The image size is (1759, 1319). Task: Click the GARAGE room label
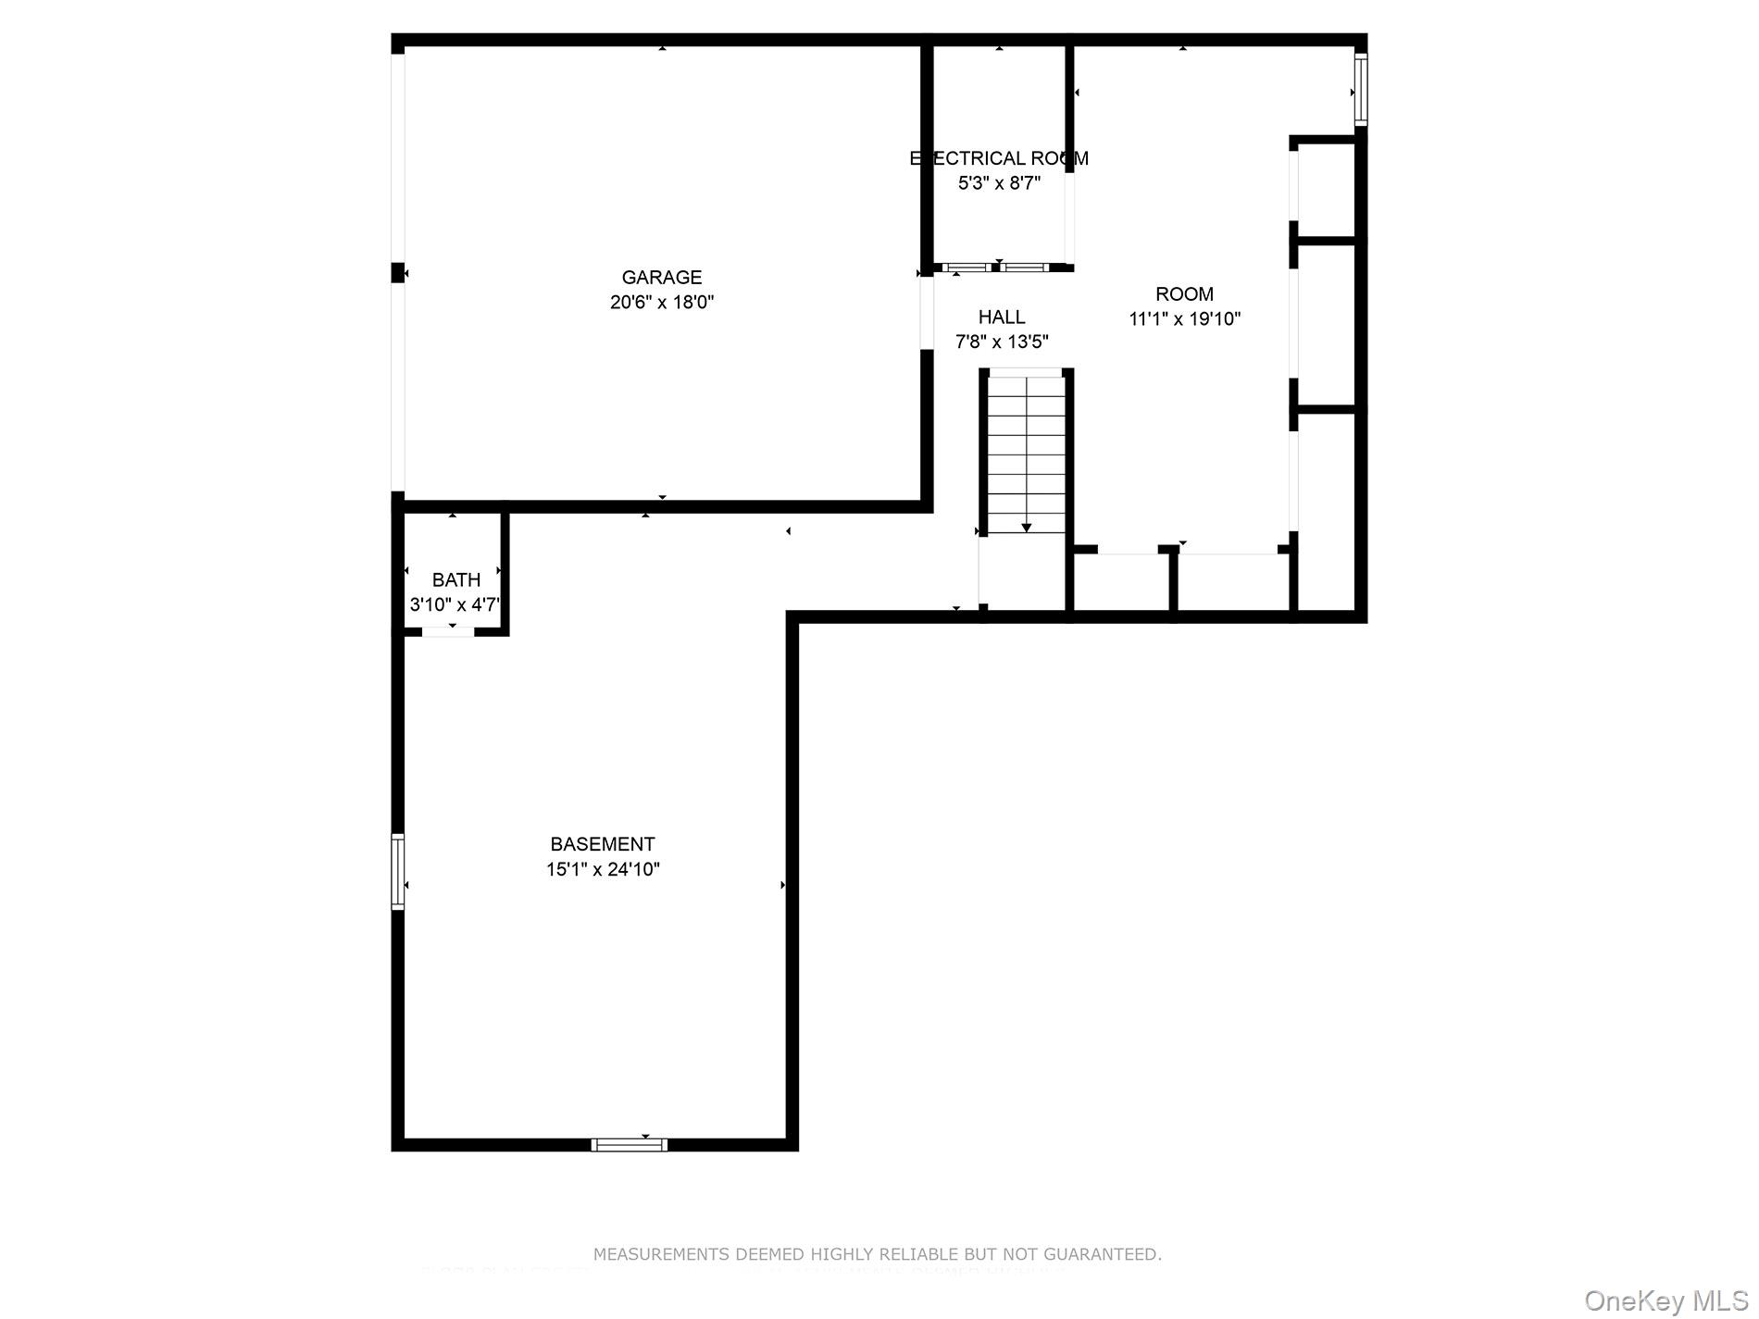click(661, 277)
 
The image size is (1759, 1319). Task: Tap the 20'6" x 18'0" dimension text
click(661, 302)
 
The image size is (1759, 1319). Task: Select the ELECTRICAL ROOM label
click(999, 158)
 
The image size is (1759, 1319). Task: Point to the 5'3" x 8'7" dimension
click(999, 183)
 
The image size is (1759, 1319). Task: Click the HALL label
click(1001, 317)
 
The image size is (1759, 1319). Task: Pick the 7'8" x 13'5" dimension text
click(1001, 342)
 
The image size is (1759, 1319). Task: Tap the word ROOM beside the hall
click(1184, 293)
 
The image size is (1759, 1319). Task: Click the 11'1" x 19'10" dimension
click(1184, 318)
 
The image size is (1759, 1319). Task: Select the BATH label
click(455, 579)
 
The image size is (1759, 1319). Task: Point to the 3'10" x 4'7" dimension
click(455, 604)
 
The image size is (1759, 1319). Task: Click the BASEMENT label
click(602, 844)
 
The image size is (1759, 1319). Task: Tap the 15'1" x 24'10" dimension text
click(602, 869)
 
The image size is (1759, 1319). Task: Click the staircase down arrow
click(1026, 527)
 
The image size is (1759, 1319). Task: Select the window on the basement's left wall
click(398, 871)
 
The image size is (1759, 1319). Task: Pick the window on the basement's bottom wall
click(629, 1145)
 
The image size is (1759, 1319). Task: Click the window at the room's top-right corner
click(1360, 89)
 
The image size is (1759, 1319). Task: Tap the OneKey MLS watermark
click(1665, 1300)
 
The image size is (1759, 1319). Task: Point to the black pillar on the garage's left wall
click(398, 272)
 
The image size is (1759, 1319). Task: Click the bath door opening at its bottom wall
click(448, 632)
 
